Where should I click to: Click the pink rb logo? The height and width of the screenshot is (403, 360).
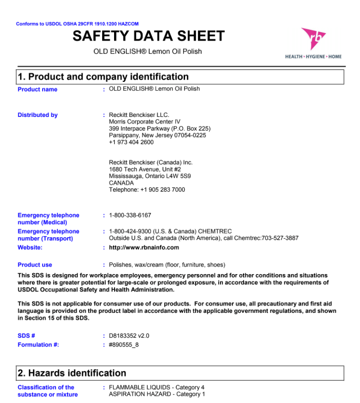point(313,39)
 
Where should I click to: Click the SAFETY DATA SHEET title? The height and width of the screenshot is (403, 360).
point(149,36)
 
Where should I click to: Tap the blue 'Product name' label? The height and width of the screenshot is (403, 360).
point(37,90)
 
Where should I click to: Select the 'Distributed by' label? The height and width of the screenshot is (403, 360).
point(37,115)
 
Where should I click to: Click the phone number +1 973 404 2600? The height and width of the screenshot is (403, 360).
point(131,142)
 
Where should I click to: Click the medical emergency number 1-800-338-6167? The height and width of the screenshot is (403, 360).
point(130,216)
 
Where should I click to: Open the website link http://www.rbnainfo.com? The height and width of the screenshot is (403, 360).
point(144,248)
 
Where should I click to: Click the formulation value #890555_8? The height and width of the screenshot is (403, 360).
point(124,345)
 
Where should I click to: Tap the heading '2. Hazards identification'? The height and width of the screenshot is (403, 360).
point(72,373)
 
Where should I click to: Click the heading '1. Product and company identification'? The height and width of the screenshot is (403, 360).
point(103,77)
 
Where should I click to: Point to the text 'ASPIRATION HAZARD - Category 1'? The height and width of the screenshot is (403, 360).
point(157,394)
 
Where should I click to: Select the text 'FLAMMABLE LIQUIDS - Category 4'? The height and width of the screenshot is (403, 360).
point(157,387)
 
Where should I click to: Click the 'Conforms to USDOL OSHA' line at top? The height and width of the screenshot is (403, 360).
point(77,24)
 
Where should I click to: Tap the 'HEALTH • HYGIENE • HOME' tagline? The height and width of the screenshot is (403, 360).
point(314,57)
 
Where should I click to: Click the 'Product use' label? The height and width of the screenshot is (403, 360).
point(35,265)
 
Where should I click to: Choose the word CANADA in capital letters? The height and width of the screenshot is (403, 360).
point(121,183)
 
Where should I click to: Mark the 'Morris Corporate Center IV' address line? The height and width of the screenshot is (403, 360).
point(145,122)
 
